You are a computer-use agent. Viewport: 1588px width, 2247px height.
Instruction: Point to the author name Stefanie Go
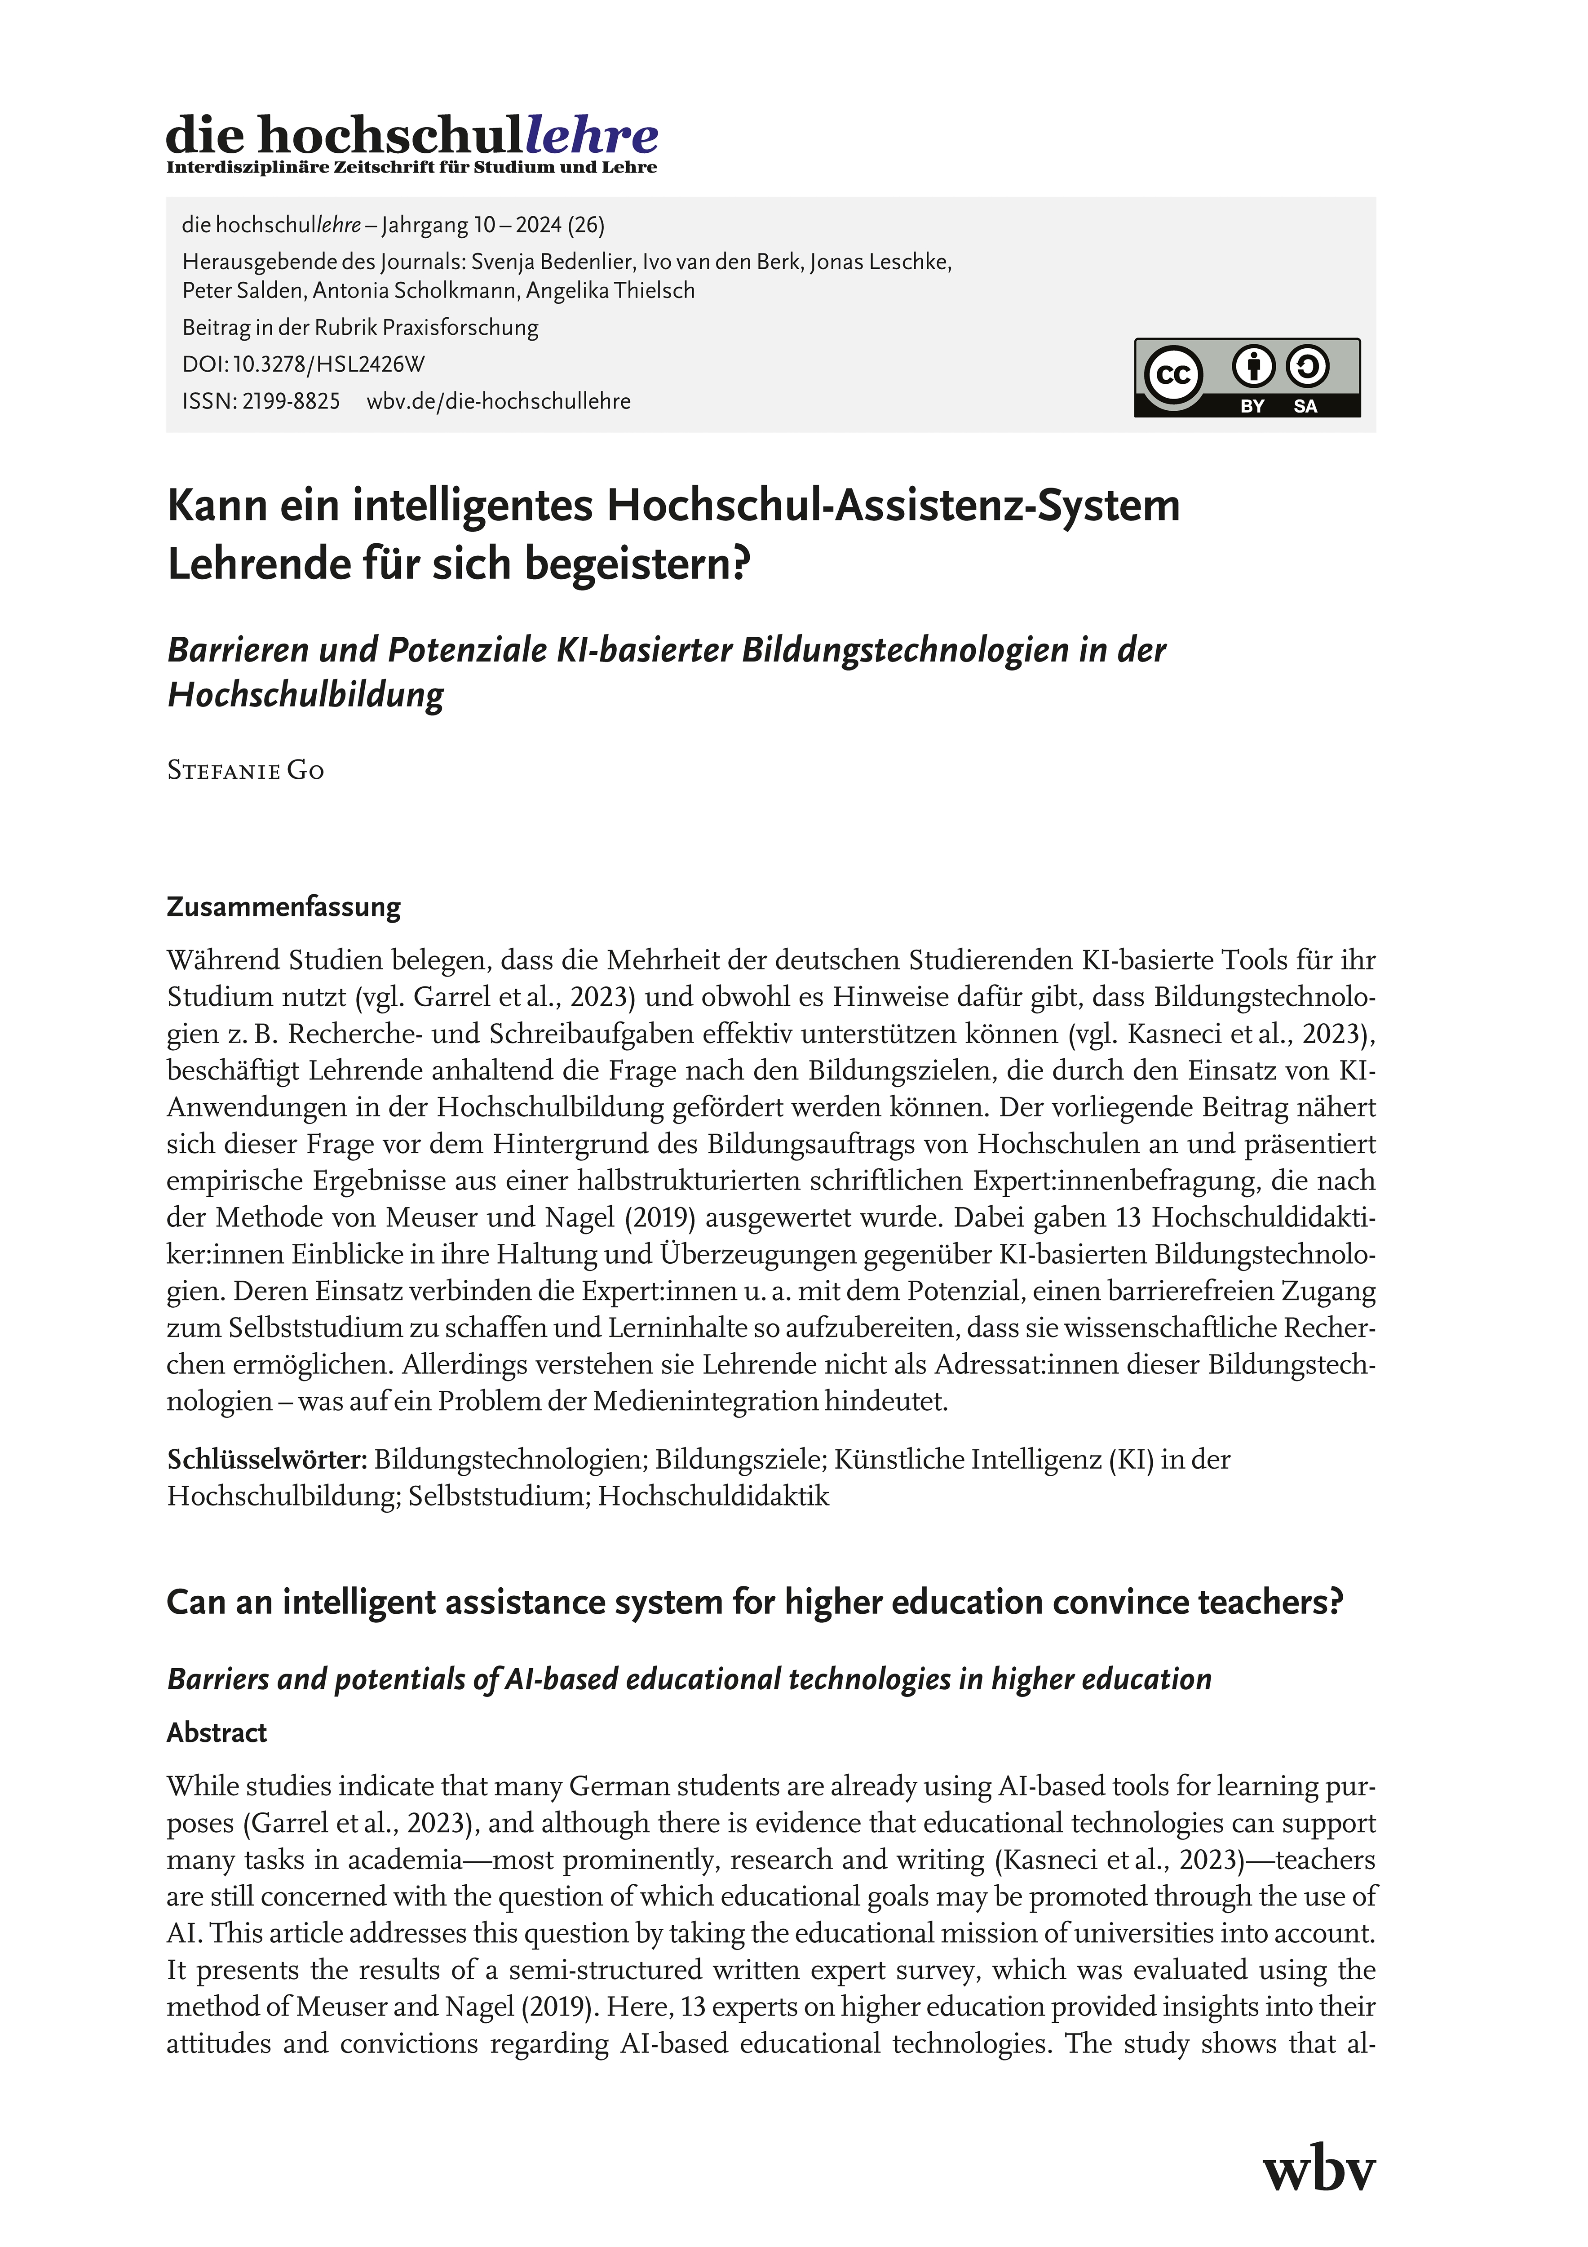(246, 771)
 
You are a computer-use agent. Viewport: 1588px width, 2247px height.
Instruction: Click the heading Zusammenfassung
(284, 907)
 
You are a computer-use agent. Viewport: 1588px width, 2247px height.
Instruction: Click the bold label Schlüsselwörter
(266, 1460)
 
